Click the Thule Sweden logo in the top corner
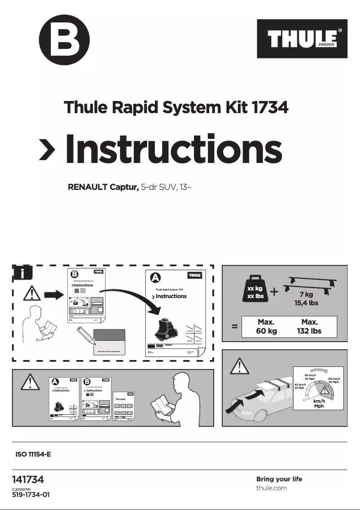click(x=302, y=39)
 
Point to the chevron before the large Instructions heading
click(x=47, y=149)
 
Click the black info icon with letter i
click(x=22, y=274)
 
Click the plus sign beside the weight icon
click(x=274, y=292)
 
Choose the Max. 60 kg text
click(x=266, y=327)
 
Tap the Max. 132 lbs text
click(x=310, y=327)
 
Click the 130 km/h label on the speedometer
click(x=334, y=380)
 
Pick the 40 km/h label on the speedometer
click(x=300, y=386)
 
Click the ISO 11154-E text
click(x=34, y=454)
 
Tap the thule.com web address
click(x=271, y=488)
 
